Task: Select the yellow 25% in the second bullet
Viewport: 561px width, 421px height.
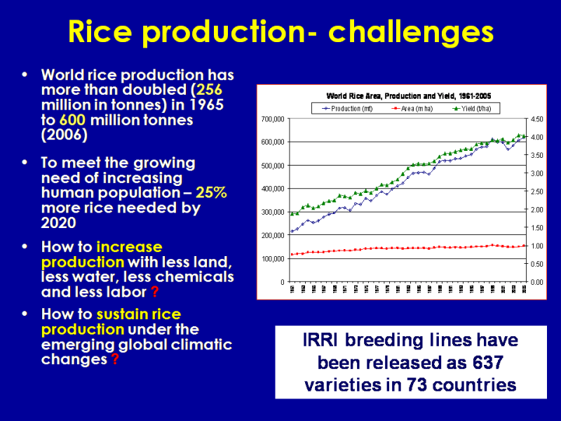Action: (x=211, y=192)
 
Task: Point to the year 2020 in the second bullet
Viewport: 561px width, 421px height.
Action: (x=59, y=222)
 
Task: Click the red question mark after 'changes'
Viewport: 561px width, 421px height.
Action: (x=115, y=360)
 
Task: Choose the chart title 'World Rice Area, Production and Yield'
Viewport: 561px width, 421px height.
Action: (x=390, y=95)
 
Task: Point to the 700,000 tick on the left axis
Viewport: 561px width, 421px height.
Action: (x=273, y=119)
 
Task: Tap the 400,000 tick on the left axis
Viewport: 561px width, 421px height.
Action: (x=273, y=189)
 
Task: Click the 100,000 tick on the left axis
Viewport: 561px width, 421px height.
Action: (x=273, y=259)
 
